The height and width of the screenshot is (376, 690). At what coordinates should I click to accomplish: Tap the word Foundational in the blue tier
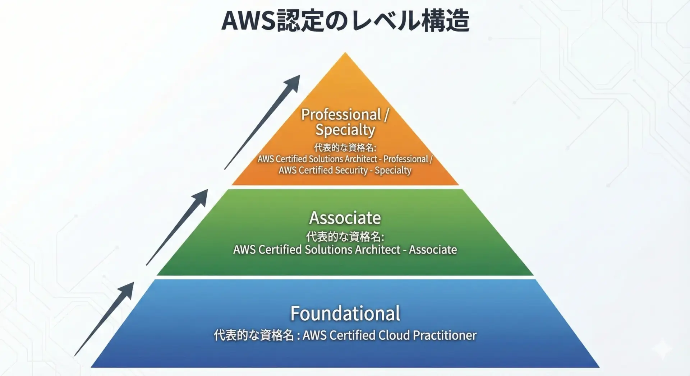click(345, 314)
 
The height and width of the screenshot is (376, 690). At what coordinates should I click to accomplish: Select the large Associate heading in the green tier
click(345, 218)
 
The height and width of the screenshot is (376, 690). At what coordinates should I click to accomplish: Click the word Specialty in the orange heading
click(345, 130)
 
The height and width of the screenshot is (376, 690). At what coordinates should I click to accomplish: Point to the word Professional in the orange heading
click(341, 115)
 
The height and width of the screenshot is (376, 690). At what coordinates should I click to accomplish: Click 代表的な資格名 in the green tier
click(344, 237)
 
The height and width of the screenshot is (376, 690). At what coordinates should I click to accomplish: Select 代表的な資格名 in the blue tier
click(254, 335)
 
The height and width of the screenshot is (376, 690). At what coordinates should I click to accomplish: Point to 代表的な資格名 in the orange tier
click(344, 148)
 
